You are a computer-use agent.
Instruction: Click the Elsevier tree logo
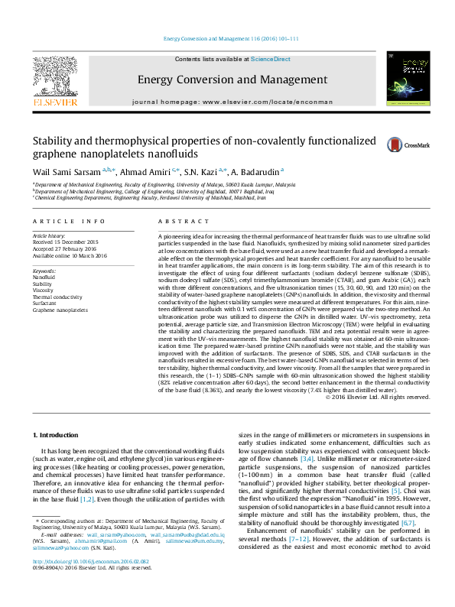pos(54,75)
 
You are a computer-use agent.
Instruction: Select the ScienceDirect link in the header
pos(271,59)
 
